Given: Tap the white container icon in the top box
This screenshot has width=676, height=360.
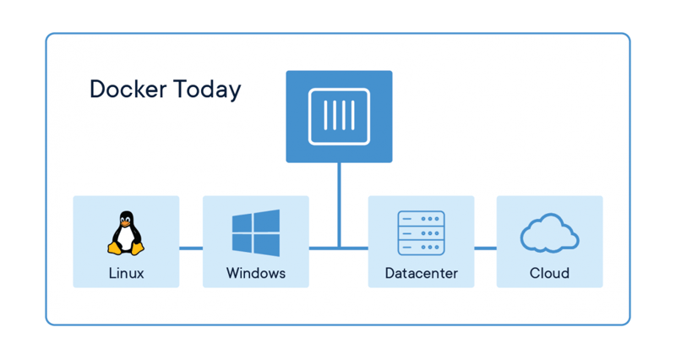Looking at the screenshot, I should coord(339,116).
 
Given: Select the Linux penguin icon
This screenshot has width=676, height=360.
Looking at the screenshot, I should coord(126,234).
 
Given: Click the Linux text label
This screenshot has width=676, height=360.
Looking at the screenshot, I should coord(126,273).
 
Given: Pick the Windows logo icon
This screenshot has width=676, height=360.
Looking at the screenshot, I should coord(255,234).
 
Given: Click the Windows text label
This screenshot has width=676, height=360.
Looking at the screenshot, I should coord(255,273).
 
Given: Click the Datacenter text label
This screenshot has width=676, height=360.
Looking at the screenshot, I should coord(421,273).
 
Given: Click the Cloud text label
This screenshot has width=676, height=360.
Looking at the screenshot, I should coord(549,273).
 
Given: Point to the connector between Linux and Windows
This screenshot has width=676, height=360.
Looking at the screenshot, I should coord(191,248).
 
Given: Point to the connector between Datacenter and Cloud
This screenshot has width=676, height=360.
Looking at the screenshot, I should coord(485,248).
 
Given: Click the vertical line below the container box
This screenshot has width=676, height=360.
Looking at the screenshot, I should coord(339,203).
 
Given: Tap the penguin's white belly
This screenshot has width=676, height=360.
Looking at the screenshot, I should coord(126,240).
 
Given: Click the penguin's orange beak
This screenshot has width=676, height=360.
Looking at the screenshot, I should coord(126,226).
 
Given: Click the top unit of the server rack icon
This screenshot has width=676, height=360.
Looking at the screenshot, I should coord(421,218).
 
